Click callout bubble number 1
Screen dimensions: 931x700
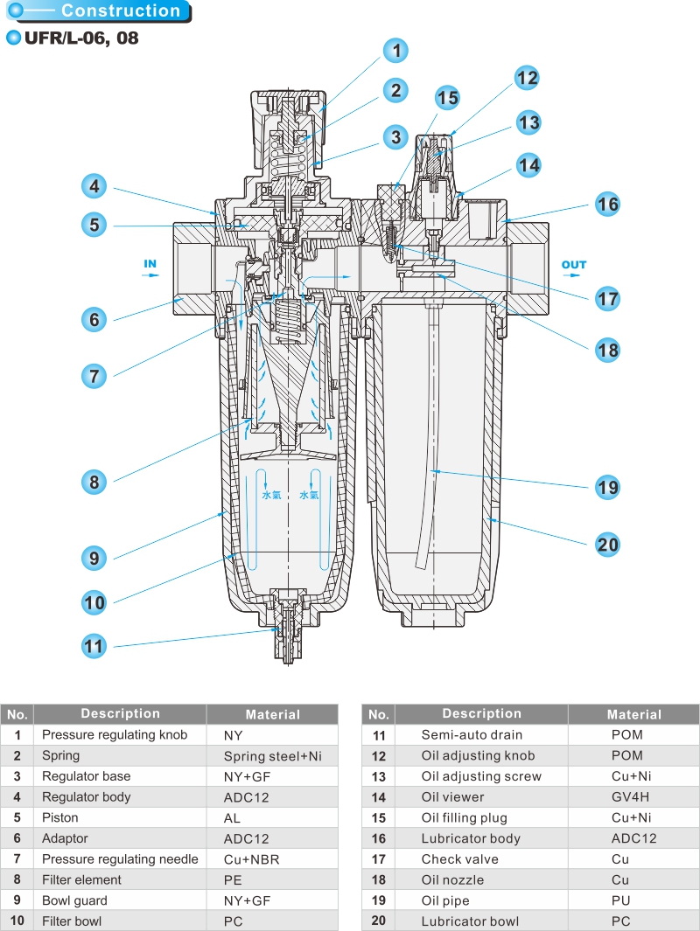click(x=396, y=50)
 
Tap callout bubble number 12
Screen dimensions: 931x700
click(x=527, y=78)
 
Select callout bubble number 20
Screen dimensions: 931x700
click(x=607, y=545)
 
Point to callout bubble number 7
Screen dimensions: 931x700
click(x=94, y=376)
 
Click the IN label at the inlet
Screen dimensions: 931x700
click(x=150, y=263)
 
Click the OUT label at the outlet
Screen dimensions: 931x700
click(x=574, y=265)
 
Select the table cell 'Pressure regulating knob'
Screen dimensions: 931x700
click(x=115, y=734)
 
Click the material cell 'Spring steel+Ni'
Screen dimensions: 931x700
click(x=272, y=756)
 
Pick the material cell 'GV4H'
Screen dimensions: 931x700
click(x=633, y=796)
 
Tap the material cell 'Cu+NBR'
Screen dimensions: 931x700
click(x=251, y=859)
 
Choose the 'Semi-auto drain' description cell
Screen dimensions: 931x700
click(x=472, y=734)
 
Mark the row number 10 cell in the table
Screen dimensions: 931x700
click(x=17, y=921)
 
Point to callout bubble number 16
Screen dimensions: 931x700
click(x=607, y=204)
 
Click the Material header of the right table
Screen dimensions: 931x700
click(x=633, y=714)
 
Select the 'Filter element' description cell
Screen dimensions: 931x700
click(x=81, y=879)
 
